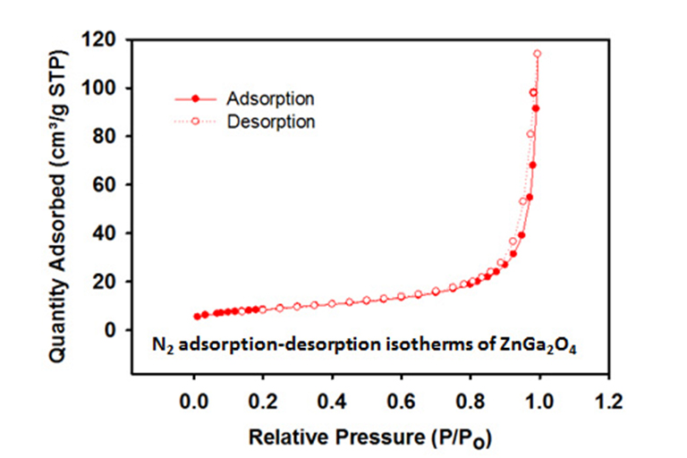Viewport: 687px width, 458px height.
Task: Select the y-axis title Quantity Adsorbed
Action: pyautogui.click(x=60, y=207)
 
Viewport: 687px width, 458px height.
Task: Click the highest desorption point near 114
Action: pyautogui.click(x=538, y=54)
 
